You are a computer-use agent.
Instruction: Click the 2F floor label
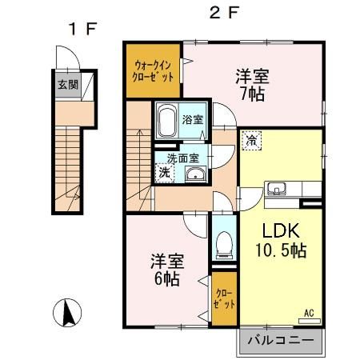(224, 14)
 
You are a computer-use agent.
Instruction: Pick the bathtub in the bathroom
(167, 121)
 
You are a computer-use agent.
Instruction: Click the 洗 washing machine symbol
(164, 172)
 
